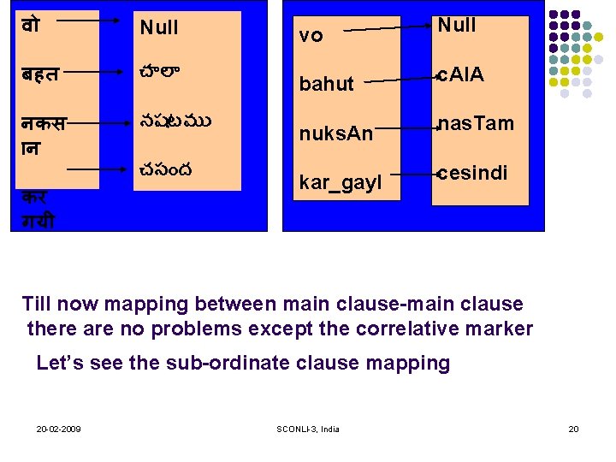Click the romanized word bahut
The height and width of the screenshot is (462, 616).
(326, 84)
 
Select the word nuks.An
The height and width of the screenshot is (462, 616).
(335, 134)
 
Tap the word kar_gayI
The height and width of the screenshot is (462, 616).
(340, 184)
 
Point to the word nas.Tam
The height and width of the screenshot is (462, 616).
(476, 124)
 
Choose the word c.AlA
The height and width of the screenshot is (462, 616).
(461, 75)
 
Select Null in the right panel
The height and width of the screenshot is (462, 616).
(457, 26)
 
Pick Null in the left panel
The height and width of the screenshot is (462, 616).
(159, 27)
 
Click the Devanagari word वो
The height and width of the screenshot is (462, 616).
(31, 26)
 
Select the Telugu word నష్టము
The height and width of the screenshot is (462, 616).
(175, 121)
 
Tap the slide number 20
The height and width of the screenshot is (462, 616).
(573, 428)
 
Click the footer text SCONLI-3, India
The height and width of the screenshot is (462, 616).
(308, 429)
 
